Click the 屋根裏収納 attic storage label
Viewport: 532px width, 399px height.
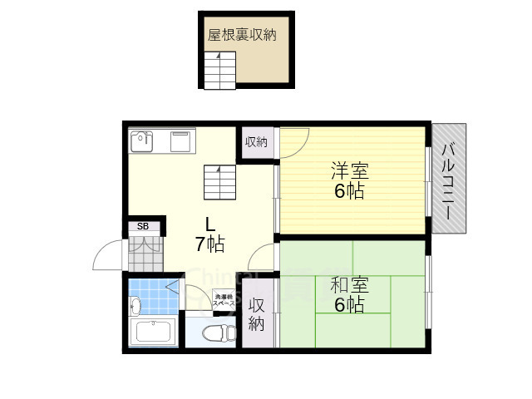pos(242,36)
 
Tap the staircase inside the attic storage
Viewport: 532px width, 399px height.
pos(220,70)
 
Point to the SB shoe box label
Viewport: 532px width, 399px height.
pos(143,226)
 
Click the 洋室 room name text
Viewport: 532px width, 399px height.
pos(350,172)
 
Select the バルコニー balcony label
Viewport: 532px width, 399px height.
pos(448,179)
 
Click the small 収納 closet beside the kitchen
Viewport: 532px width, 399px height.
pos(256,141)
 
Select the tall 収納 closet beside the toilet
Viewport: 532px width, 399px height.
pos(258,313)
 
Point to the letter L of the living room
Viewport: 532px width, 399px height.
pos(211,223)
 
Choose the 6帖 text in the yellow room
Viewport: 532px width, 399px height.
pos(350,191)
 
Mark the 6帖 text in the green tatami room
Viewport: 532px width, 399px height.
pos(350,305)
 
